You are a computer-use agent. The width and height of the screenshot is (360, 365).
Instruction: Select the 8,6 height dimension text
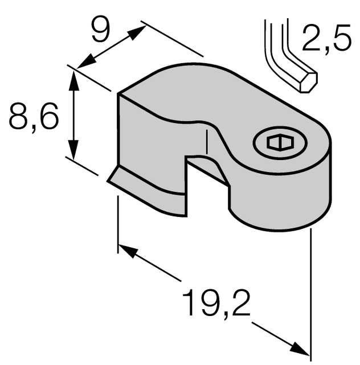point(34,120)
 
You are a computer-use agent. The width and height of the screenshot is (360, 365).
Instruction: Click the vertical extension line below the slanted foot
point(118,222)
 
